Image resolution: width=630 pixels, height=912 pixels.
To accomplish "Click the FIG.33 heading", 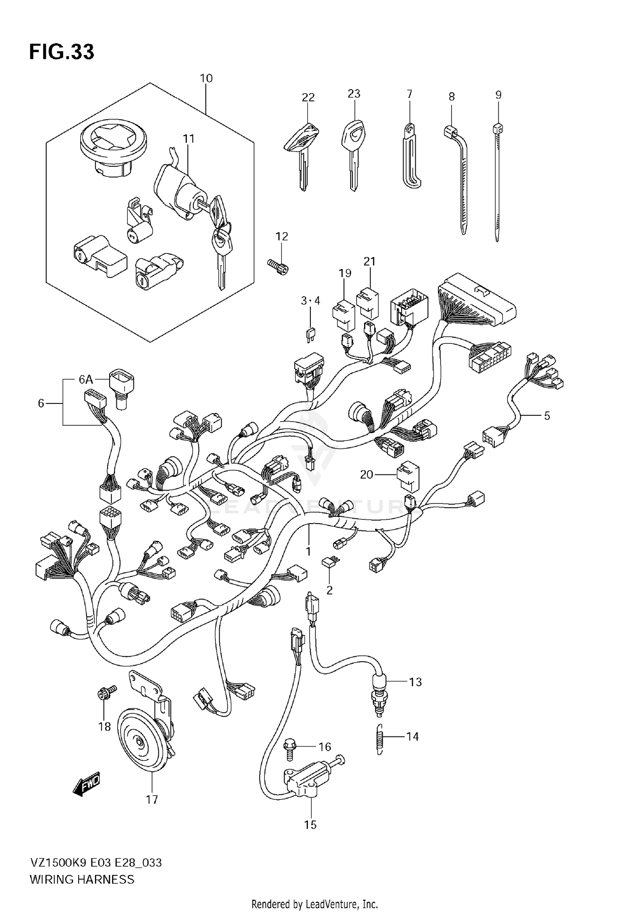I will (62, 52).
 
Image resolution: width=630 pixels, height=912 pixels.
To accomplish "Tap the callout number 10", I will (206, 79).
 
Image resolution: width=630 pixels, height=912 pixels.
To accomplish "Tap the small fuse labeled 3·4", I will (311, 335).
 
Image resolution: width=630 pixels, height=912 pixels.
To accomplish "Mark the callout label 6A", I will (86, 380).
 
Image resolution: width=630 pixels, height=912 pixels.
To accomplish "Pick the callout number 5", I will (547, 416).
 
